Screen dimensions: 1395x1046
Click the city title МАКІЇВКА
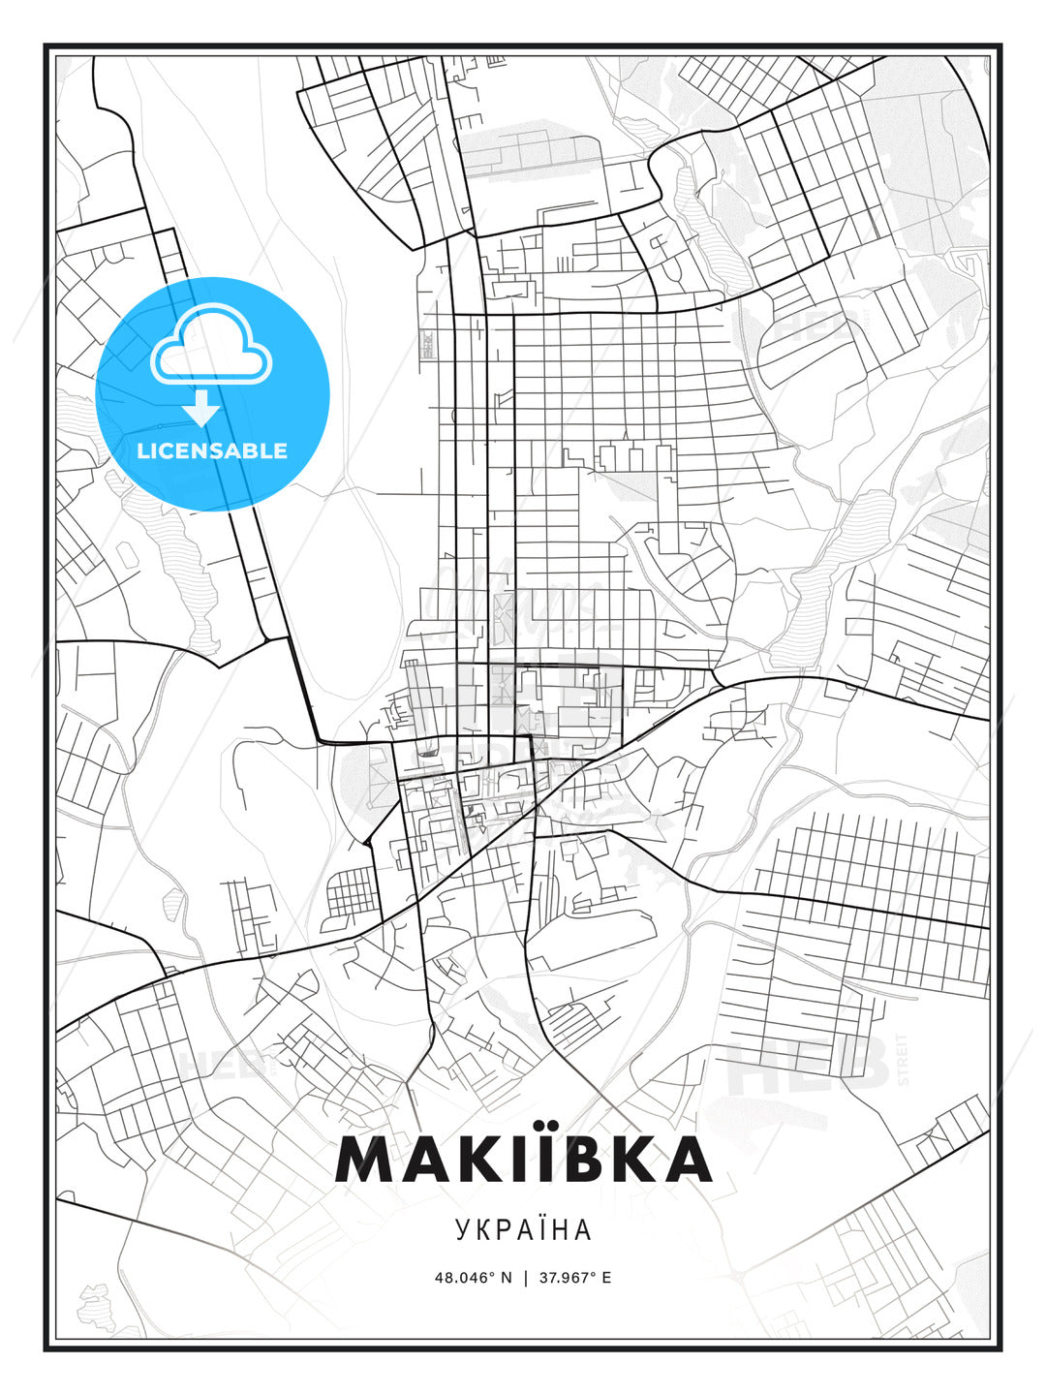pyautogui.click(x=523, y=1159)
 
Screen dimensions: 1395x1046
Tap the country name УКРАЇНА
pyautogui.click(x=523, y=1229)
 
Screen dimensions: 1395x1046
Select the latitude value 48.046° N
pyautogui.click(x=473, y=1277)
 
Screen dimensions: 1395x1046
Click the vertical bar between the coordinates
pyautogui.click(x=525, y=1277)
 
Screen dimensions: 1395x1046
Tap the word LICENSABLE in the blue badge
pyautogui.click(x=212, y=450)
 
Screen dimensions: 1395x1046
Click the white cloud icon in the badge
pyautogui.click(x=211, y=344)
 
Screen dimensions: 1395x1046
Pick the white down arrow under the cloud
pyautogui.click(x=201, y=408)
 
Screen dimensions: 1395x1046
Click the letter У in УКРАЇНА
pyautogui.click(x=462, y=1230)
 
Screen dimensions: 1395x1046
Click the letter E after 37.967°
pyautogui.click(x=606, y=1277)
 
